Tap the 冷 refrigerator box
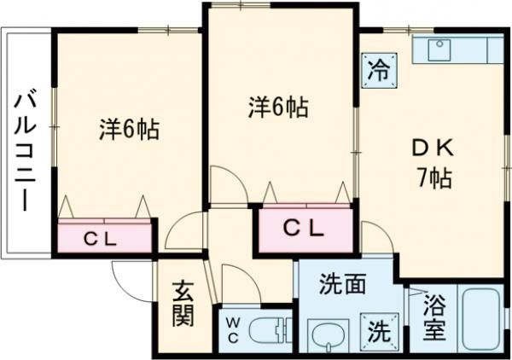pos(379,71)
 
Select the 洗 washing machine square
pos(380,332)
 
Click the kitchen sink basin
pos(439,50)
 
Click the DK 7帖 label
pos(433,164)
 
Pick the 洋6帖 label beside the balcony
pos(129,130)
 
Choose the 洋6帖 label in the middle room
pos(278,107)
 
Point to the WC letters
pos(232,331)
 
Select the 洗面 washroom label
pos(342,283)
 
